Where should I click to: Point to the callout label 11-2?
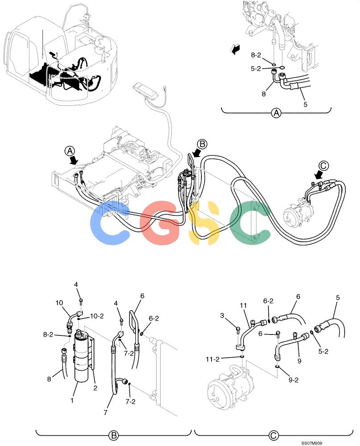pyautogui.click(x=213, y=359)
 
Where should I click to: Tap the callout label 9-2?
pyautogui.click(x=293, y=380)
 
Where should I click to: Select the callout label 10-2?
pyautogui.click(x=97, y=316)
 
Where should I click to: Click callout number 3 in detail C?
pyautogui.click(x=222, y=315)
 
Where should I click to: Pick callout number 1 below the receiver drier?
pyautogui.click(x=72, y=400)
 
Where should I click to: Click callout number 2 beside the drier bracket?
pyautogui.click(x=95, y=388)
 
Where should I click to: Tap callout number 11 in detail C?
pyautogui.click(x=243, y=305)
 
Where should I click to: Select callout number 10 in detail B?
pyautogui.click(x=59, y=303)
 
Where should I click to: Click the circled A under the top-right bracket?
pyautogui.click(x=276, y=113)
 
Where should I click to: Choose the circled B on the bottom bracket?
pyautogui.click(x=113, y=435)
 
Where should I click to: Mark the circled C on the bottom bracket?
pyautogui.click(x=274, y=435)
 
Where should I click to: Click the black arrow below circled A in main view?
pyautogui.click(x=74, y=160)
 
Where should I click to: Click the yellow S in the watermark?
pyautogui.click(x=204, y=223)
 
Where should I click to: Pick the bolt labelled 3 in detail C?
pyautogui.click(x=238, y=330)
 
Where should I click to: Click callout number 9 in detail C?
pyautogui.click(x=299, y=361)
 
